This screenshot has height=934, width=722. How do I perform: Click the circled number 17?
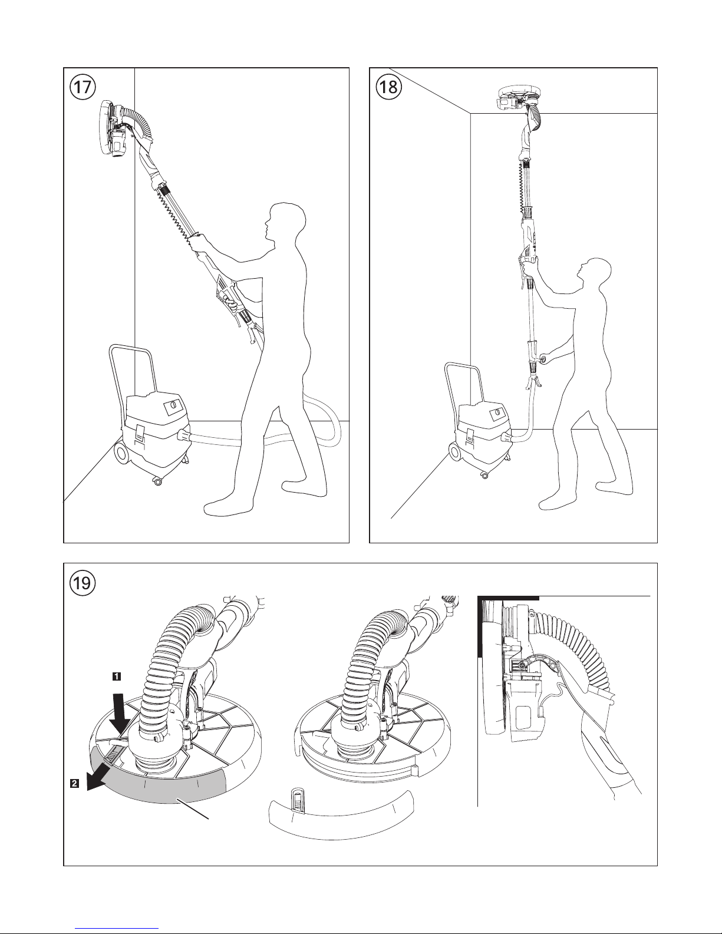point(83,87)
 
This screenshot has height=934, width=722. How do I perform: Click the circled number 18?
point(389,87)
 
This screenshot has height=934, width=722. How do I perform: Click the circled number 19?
point(83,583)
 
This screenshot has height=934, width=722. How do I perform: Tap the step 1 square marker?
point(116,676)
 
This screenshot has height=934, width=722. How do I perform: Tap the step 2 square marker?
point(74,784)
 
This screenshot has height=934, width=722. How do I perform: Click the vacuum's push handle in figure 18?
point(463,387)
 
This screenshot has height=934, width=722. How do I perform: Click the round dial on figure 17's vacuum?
point(172,404)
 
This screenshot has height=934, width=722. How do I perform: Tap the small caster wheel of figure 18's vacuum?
point(484,474)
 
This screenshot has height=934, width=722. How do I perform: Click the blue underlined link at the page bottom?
point(117,929)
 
